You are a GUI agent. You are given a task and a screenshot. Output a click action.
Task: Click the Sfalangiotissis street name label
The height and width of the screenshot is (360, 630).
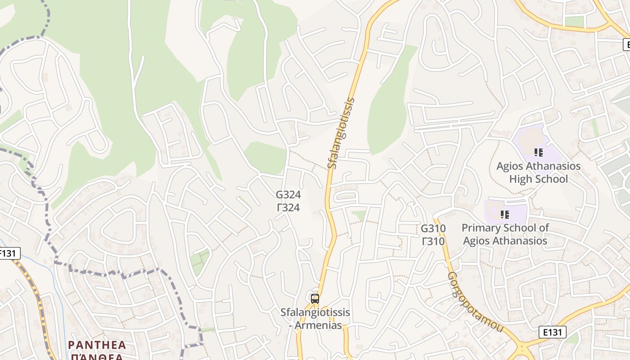click(341, 133)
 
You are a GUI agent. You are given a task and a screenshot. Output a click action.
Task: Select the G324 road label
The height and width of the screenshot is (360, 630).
click(288, 195)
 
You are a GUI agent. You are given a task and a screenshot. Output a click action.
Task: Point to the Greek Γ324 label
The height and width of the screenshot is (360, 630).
click(288, 208)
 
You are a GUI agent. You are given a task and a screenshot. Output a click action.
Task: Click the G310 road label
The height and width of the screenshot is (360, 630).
click(433, 229)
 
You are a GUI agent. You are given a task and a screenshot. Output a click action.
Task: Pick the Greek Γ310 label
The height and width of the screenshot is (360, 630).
click(433, 242)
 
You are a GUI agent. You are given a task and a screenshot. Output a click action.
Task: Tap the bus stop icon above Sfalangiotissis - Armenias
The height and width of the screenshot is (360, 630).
click(315, 298)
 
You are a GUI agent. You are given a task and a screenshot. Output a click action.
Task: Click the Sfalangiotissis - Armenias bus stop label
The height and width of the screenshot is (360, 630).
click(315, 319)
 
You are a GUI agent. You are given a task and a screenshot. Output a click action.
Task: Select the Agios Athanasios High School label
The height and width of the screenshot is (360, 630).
click(538, 172)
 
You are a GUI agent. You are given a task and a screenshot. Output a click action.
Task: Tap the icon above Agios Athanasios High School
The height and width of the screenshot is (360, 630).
click(538, 153)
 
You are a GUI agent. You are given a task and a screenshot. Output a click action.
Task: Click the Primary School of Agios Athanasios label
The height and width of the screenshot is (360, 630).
click(505, 234)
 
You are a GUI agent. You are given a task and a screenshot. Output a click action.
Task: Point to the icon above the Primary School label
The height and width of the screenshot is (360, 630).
click(505, 215)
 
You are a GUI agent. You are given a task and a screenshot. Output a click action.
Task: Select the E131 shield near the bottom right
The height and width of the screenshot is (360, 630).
click(552, 332)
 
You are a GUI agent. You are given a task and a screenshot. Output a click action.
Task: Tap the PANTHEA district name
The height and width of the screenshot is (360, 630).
click(97, 345)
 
